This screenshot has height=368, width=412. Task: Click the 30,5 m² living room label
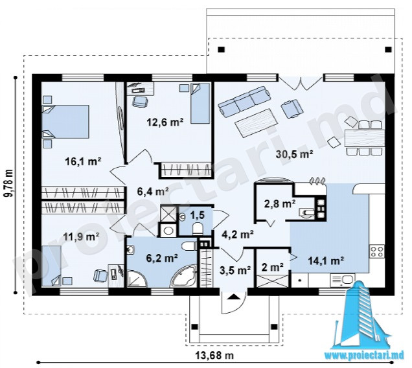click(x=294, y=154)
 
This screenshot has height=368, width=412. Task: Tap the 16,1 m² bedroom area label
click(x=84, y=161)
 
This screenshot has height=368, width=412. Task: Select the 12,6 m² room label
click(x=165, y=122)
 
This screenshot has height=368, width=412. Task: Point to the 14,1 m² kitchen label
click(x=326, y=260)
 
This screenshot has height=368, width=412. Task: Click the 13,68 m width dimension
click(x=214, y=356)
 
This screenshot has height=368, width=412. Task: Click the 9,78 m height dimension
click(x=8, y=183)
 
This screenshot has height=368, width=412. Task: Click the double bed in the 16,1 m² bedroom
click(x=65, y=122)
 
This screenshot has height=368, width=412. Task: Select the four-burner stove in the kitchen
click(x=377, y=251)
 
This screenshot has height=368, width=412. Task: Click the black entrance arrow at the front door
click(x=233, y=297)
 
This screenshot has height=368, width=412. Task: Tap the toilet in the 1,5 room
click(x=198, y=229)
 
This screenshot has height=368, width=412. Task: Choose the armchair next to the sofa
click(x=292, y=108)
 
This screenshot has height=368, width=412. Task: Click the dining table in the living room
click(x=364, y=138)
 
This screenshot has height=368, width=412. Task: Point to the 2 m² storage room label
click(x=273, y=267)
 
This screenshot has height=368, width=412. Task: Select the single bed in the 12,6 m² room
click(x=200, y=103)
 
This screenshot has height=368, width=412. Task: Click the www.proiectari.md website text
click(x=364, y=356)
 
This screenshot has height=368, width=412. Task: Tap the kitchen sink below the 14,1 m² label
click(x=343, y=280)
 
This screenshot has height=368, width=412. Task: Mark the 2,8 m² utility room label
click(x=280, y=203)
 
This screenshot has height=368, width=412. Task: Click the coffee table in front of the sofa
click(x=256, y=122)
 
